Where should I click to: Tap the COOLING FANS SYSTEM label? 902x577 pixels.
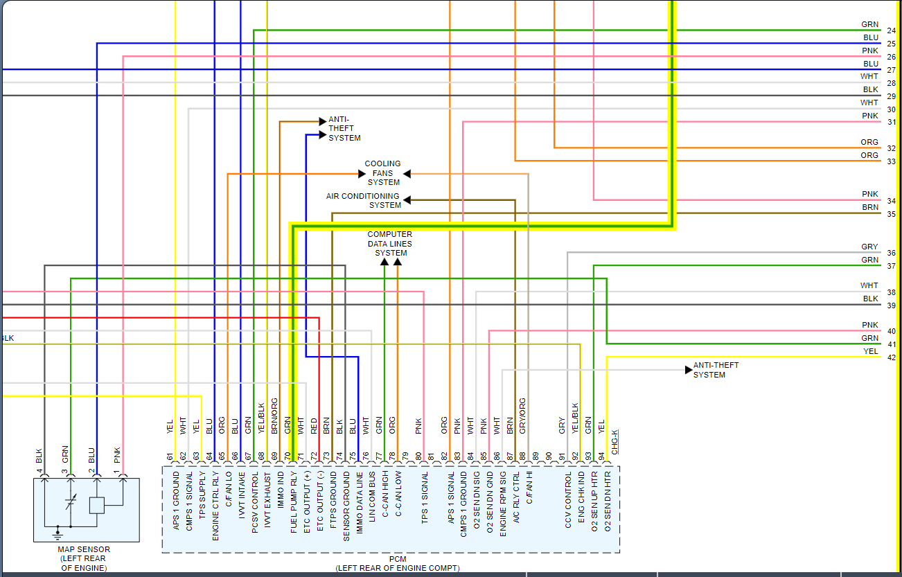tap(383, 173)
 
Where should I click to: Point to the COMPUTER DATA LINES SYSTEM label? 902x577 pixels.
tap(390, 244)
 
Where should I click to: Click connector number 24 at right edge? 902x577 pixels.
tap(891, 31)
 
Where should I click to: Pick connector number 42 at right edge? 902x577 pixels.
tap(891, 358)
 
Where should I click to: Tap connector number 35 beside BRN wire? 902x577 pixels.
tap(891, 215)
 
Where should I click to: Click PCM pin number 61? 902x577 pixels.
tap(169, 456)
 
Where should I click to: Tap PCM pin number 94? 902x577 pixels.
tap(601, 456)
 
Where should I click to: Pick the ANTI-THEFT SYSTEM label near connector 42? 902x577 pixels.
tap(716, 370)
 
